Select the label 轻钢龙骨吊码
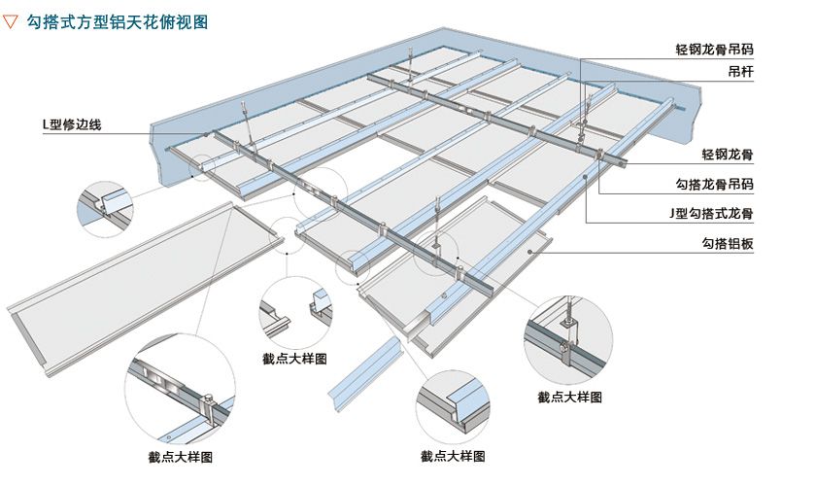coord(715,49)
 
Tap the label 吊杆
coord(741,72)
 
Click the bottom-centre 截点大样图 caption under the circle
coord(453,455)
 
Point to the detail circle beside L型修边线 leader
coord(105,206)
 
